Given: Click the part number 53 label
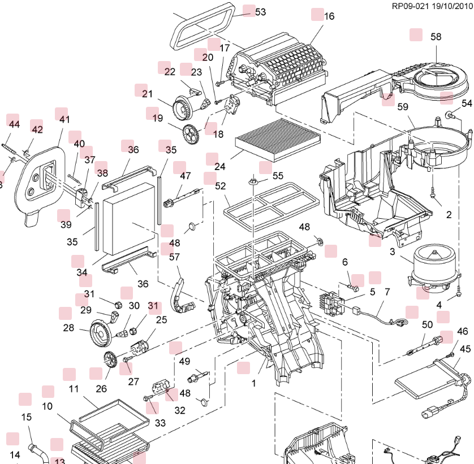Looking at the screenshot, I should (260, 12).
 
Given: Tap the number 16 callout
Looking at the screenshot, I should (329, 16).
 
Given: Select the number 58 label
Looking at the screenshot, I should (436, 37).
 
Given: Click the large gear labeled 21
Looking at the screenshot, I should (182, 107).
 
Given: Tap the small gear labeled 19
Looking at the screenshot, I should (192, 133).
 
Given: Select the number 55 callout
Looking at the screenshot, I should (278, 176).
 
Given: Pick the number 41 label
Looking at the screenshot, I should (64, 119).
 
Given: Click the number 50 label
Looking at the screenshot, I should (427, 325).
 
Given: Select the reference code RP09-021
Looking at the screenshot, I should (410, 6).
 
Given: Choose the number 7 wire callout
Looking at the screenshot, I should (387, 292).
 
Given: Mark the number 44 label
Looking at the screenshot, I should (13, 124).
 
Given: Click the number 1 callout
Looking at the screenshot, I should (254, 383).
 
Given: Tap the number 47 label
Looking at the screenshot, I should (186, 176).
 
